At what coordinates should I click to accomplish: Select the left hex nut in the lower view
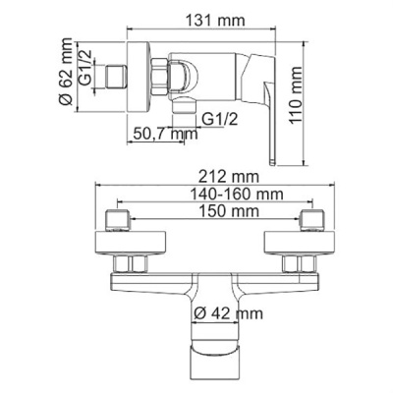coord(131,262)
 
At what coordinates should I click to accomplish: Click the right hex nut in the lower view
coord(297,262)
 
